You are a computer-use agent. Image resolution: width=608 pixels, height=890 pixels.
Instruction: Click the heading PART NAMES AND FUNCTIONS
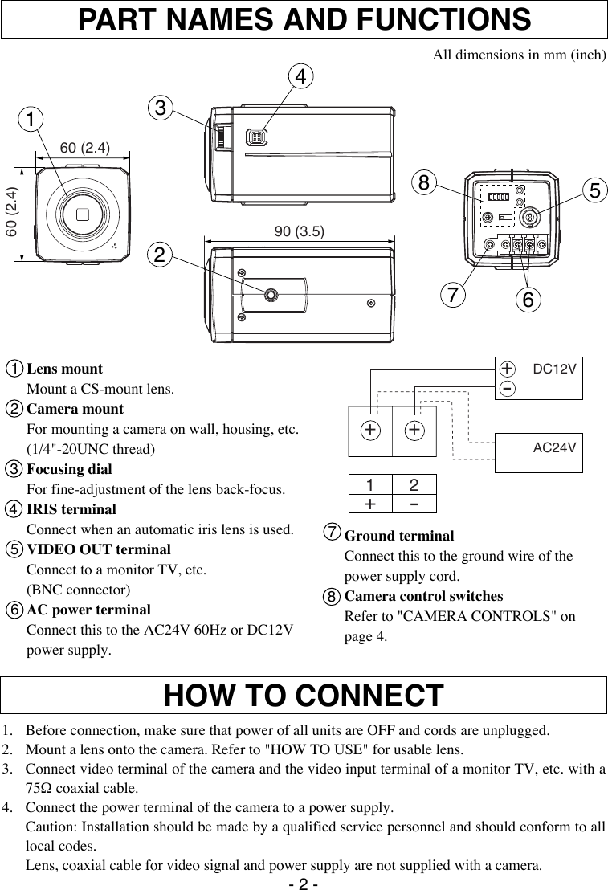tap(304, 19)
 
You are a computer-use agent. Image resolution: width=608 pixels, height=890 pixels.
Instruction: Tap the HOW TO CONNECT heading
tap(304, 696)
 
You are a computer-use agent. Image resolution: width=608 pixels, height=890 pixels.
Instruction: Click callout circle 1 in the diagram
tap(33, 119)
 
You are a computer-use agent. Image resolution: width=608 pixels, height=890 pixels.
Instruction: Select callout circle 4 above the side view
tap(300, 77)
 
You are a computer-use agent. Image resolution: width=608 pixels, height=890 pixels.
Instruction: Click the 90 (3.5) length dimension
tap(299, 231)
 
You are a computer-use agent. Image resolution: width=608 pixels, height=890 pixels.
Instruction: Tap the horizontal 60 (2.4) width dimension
tap(85, 146)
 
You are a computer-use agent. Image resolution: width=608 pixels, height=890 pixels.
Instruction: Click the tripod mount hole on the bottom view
tap(271, 296)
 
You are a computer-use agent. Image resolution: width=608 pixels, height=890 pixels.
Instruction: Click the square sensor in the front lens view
tap(83, 214)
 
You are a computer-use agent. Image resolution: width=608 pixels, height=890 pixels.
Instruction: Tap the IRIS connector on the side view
tap(257, 137)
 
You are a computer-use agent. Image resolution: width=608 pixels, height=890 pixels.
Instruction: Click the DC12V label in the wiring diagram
tap(555, 369)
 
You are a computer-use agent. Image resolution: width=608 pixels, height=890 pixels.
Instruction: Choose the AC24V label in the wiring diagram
tap(555, 446)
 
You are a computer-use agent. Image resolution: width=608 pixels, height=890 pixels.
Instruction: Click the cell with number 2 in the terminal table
tap(414, 485)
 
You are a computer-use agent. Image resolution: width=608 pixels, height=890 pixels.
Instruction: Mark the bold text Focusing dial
tap(69, 469)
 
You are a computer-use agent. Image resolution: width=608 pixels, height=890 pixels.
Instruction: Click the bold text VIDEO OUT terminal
tap(99, 549)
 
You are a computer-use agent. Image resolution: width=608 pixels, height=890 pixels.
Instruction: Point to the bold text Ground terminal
tap(398, 536)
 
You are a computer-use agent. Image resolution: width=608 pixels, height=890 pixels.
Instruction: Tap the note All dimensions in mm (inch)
tap(519, 55)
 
